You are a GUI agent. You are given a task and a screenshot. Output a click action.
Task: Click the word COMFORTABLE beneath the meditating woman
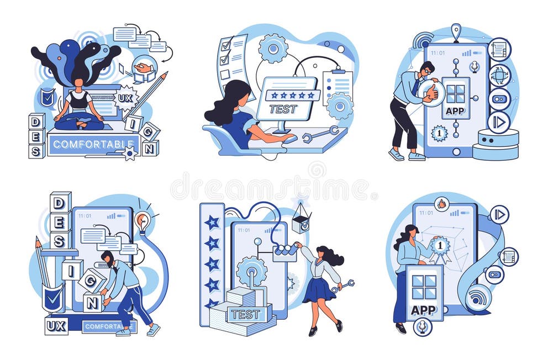coord(93,144)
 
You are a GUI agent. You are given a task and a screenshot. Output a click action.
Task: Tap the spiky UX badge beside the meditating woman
coord(125,98)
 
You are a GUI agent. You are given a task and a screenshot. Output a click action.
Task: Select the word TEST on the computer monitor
coord(283,109)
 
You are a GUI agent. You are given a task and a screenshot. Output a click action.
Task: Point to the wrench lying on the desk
coord(320,135)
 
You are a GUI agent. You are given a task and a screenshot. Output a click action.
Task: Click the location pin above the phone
coord(456,31)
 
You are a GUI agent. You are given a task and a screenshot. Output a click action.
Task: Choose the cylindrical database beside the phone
coord(496,144)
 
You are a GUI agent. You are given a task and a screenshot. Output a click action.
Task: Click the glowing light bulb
coord(142,220)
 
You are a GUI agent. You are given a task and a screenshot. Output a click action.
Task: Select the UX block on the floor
coord(56,326)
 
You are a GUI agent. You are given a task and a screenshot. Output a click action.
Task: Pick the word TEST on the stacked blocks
coord(245,314)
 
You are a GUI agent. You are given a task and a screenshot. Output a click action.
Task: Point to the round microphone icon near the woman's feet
coord(423,327)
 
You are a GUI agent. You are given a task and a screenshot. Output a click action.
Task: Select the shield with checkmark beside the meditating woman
coord(48,97)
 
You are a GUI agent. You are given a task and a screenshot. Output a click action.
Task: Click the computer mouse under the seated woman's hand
coord(289,139)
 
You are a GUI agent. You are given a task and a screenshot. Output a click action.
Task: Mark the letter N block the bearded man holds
coord(92,303)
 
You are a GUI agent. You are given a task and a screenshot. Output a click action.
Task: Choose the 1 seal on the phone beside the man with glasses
coord(439,133)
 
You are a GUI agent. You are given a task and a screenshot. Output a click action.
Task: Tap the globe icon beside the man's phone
coord(499,76)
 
